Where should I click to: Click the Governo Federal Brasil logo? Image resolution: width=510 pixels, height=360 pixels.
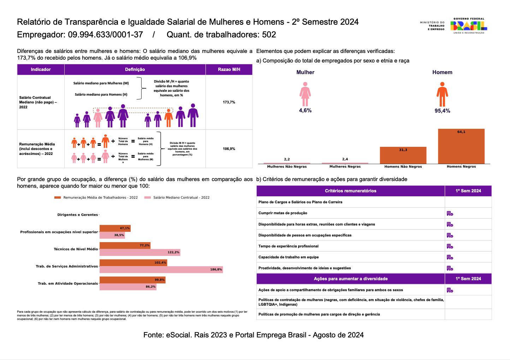[469, 26]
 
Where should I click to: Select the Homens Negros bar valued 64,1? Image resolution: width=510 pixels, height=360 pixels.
[461, 146]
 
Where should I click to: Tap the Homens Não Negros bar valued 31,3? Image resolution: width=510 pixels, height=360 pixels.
[403, 155]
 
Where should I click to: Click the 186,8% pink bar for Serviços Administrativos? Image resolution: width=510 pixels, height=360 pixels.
[161, 270]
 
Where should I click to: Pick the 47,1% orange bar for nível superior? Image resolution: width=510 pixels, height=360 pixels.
[115, 228]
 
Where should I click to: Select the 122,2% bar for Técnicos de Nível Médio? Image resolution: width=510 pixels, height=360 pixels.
[140, 252]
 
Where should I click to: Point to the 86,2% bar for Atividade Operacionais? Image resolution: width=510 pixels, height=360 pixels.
[128, 287]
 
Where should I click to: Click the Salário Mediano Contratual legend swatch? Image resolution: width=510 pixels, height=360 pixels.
[148, 198]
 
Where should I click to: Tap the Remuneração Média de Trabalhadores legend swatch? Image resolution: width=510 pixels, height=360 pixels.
[58, 198]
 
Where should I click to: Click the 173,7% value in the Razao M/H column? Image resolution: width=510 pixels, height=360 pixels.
[229, 102]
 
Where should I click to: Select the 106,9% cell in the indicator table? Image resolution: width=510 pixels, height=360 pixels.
[229, 149]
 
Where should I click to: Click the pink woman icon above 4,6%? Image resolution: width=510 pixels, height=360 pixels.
[305, 94]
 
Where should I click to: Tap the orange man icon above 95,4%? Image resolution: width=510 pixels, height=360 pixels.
[442, 94]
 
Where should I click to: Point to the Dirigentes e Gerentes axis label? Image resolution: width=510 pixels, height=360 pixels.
[78, 215]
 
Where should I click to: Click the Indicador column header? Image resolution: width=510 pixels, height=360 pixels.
[41, 70]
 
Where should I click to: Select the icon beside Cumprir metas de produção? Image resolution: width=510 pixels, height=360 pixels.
[450, 214]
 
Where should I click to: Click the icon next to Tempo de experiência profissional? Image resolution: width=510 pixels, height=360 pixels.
[450, 246]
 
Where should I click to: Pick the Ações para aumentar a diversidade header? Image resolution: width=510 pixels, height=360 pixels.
[350, 279]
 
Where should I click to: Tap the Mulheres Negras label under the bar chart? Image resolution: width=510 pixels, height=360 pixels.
[345, 167]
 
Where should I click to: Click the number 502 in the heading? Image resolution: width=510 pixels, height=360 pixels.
[269, 35]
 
